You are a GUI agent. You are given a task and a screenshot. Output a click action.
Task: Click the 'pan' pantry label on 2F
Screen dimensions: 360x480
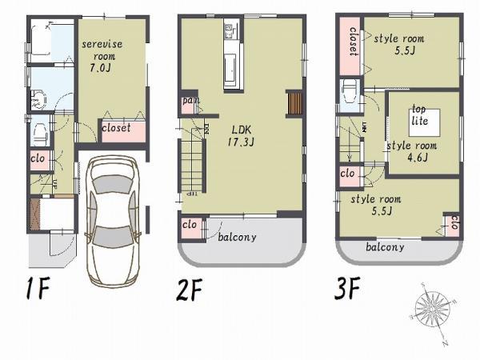coord(190,101)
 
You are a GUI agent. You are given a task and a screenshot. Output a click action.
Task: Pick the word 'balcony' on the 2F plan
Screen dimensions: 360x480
coord(237,237)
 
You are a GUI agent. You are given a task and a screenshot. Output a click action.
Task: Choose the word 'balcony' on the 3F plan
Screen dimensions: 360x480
coord(385,247)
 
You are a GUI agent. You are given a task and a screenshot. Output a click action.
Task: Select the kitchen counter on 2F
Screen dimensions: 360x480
coord(231,58)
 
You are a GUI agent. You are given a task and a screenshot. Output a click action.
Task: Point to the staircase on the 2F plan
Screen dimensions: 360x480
coord(193,163)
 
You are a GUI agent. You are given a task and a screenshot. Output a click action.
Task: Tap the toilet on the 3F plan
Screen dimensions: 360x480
coord(350,94)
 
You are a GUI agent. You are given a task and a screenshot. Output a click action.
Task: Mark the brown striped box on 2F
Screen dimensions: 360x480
coord(294,104)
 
